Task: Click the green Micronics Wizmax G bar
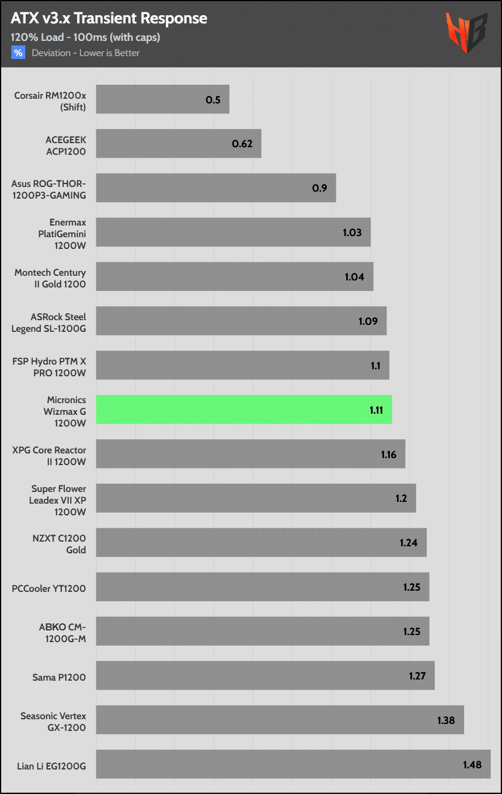243,409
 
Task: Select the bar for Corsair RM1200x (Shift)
162,99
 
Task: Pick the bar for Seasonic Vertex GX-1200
280,720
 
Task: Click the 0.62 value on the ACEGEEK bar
242,144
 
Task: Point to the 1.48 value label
472,764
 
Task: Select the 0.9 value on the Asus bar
319,188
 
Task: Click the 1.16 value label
389,454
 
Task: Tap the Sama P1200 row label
59,677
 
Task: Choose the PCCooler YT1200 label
49,588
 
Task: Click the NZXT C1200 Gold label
59,544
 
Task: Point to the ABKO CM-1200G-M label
62,633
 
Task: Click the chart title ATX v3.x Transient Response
109,18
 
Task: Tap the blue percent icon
19,53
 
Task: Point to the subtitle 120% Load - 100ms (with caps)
85,37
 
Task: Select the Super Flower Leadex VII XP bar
256,498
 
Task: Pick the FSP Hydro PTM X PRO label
49,367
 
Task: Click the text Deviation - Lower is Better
86,53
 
